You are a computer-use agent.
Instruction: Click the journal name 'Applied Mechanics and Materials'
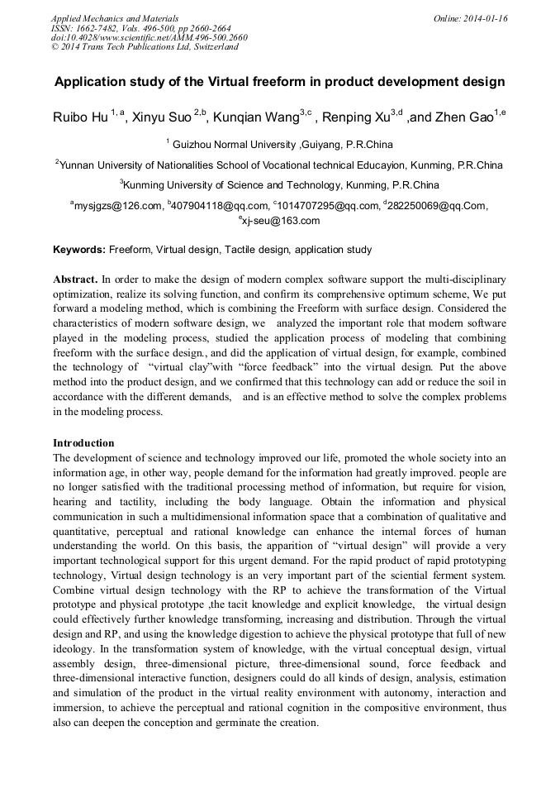115,17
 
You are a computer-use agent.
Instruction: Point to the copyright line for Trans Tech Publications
145,47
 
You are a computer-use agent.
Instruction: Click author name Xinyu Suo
163,117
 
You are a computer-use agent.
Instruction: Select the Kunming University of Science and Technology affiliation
282,184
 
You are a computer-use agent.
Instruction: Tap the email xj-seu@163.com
281,221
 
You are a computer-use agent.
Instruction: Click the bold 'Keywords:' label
79,249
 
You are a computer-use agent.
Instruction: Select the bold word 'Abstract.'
76,279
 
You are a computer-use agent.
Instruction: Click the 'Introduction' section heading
83,443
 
